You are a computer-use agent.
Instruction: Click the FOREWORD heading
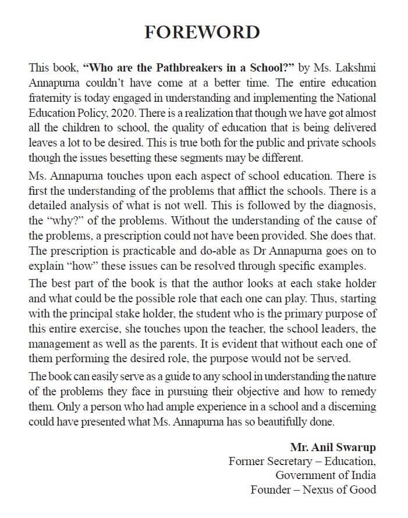tap(203, 31)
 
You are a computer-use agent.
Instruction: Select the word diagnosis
tap(350, 205)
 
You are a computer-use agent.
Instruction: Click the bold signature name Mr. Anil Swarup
tap(333, 447)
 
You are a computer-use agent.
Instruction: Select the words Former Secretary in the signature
tap(265, 461)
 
